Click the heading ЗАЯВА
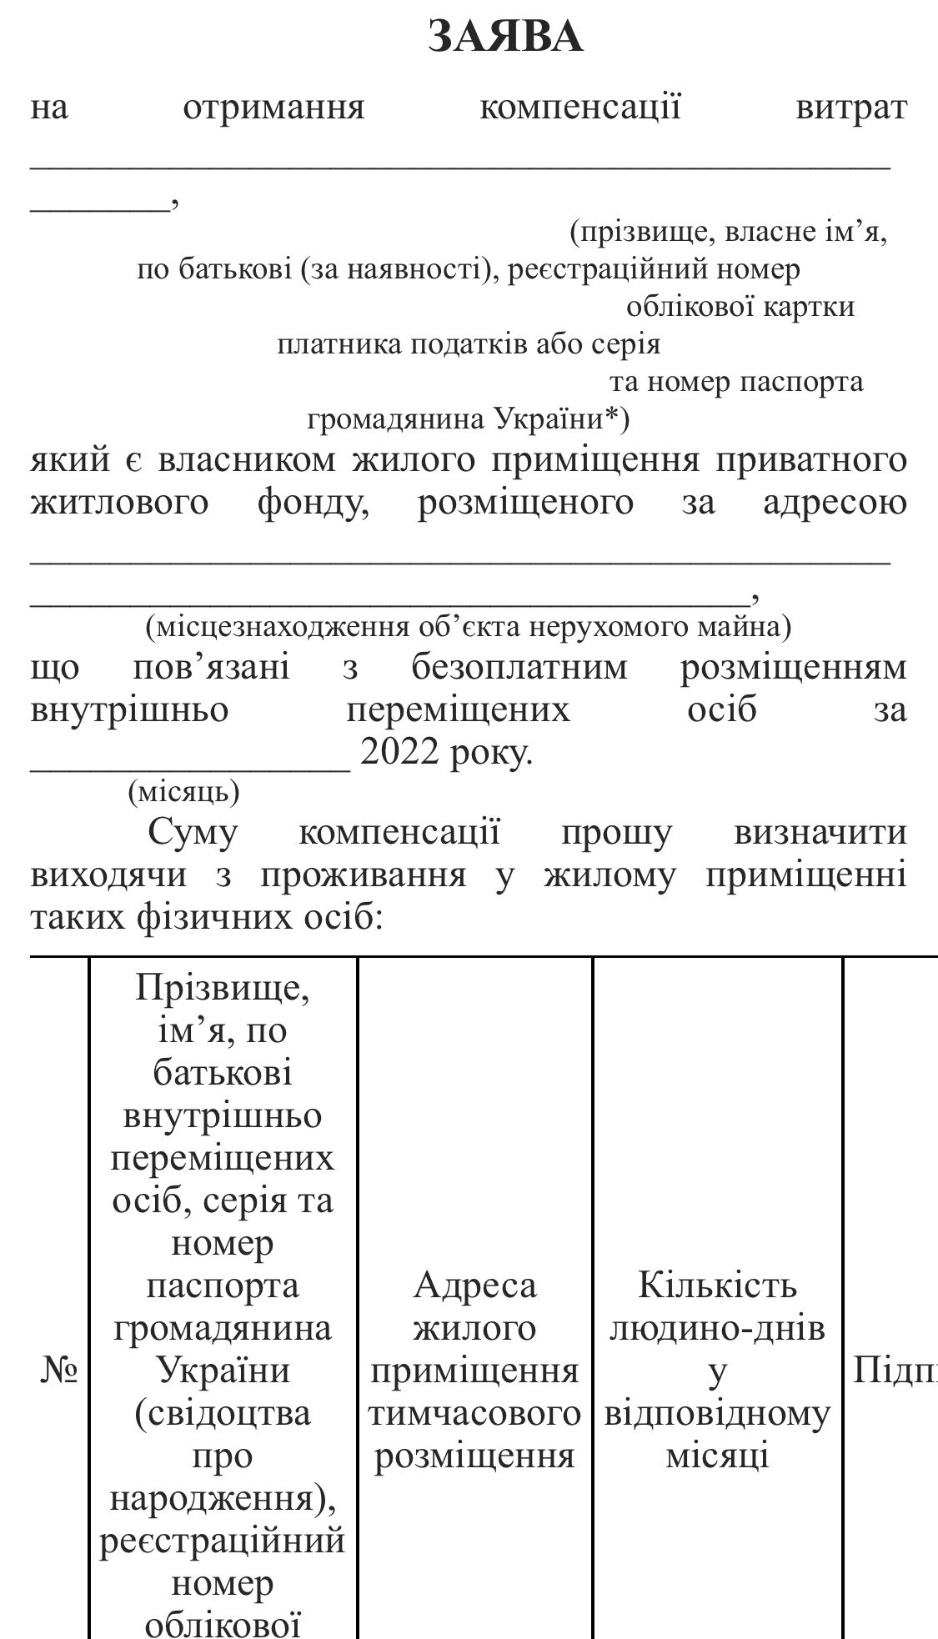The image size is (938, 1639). [x=505, y=38]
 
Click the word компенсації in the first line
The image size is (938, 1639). [x=580, y=108]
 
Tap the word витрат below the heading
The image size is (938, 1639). [x=850, y=108]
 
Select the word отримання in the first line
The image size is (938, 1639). [x=273, y=108]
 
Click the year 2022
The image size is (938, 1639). [x=399, y=754]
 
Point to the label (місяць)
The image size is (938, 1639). [x=183, y=791]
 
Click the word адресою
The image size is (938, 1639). [x=835, y=503]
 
